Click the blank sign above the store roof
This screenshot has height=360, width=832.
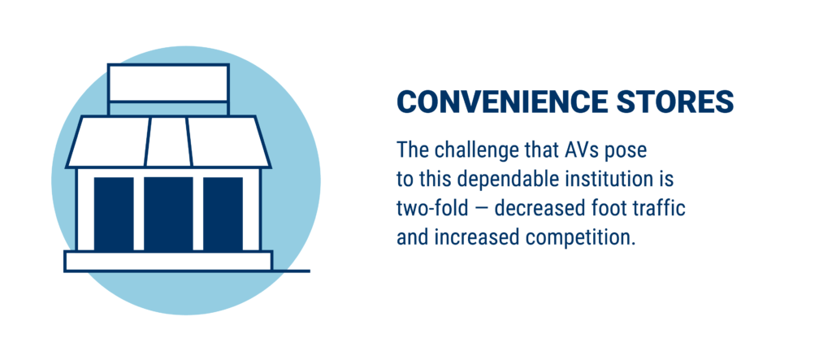click(168, 82)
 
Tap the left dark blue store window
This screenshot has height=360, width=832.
click(114, 214)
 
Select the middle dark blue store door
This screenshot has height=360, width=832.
click(168, 214)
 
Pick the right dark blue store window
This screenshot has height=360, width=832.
click(223, 214)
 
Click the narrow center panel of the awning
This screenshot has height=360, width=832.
click(168, 141)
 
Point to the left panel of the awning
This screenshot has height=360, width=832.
click(108, 141)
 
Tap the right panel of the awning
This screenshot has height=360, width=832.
click(228, 141)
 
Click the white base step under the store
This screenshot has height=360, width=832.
click(168, 261)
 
